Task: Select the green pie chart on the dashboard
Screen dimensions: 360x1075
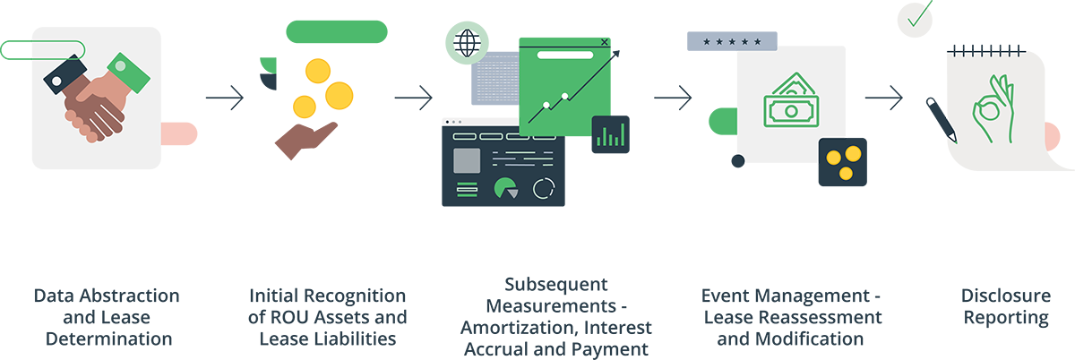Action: coord(506,188)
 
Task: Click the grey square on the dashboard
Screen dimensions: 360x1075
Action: coord(467,160)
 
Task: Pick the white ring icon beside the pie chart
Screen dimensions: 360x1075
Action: coord(544,188)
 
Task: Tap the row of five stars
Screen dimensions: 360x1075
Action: coord(732,41)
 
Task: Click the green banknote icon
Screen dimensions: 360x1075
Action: coord(790,103)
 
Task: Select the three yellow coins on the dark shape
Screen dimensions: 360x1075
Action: coord(843,161)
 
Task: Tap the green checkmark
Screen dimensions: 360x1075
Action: coord(916,17)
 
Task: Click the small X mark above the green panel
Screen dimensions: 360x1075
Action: coord(605,41)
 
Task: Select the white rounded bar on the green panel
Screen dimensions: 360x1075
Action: coord(564,55)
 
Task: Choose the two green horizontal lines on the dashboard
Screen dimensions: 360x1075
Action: coord(468,188)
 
